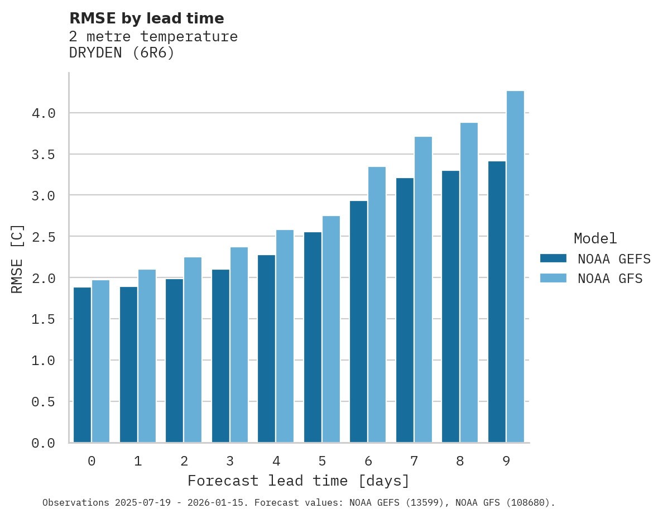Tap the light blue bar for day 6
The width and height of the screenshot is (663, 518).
[377, 304]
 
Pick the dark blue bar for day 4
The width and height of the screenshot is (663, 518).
[266, 348]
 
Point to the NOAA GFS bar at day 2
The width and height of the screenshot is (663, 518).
[193, 349]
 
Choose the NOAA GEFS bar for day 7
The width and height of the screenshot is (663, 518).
[405, 310]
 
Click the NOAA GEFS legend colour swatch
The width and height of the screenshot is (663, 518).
[553, 258]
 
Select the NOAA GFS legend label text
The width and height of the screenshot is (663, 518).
[610, 279]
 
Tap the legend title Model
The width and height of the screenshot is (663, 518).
[595, 238]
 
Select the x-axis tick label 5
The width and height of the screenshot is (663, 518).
[322, 461]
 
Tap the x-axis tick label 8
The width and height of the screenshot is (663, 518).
[460, 461]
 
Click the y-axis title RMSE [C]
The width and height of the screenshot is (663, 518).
[17, 258]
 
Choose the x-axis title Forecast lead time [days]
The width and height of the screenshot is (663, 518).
[299, 481]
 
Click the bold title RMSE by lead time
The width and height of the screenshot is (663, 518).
[146, 18]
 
